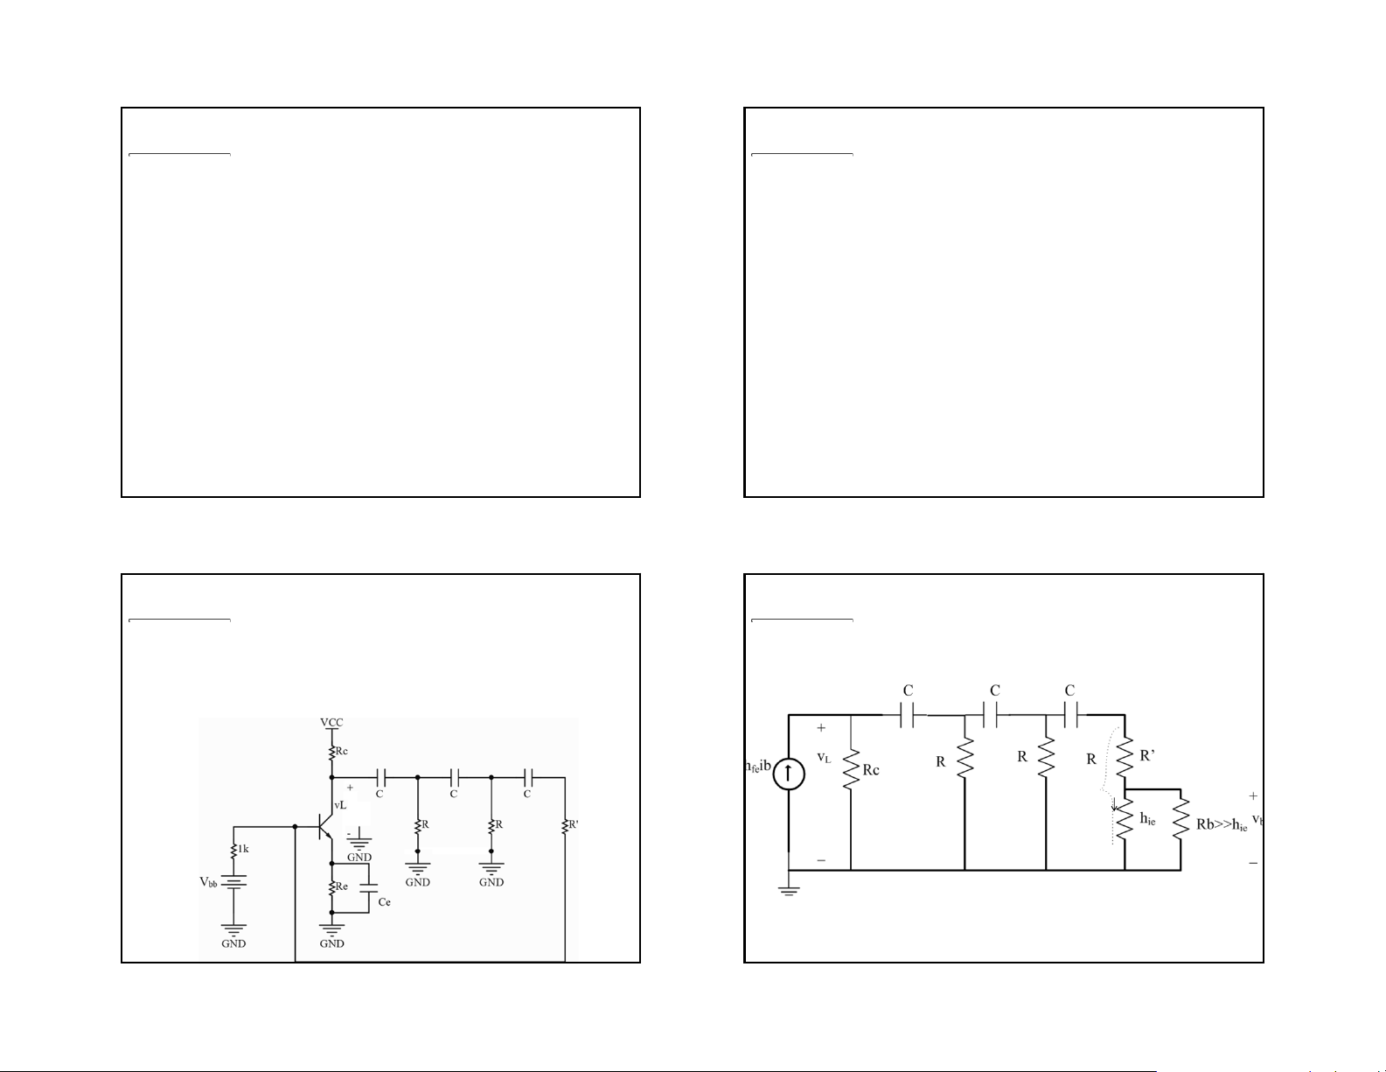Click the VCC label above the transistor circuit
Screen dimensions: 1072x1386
tap(331, 723)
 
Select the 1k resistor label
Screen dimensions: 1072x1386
tap(244, 848)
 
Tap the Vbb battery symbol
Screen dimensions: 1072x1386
tap(233, 882)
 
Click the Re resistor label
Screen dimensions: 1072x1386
tap(343, 886)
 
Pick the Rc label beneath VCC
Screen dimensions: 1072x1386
tap(343, 751)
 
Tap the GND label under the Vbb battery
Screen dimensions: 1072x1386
tap(233, 944)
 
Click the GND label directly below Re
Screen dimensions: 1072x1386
tap(331, 944)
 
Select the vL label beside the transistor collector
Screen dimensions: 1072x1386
tap(340, 805)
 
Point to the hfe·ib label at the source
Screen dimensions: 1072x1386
tap(757, 767)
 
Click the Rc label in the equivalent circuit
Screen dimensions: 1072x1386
tap(871, 771)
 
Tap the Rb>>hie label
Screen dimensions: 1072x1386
tap(1222, 825)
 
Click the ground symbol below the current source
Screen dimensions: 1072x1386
tap(789, 893)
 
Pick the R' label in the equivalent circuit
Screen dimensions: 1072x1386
tap(1148, 756)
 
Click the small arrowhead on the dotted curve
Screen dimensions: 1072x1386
tap(1114, 808)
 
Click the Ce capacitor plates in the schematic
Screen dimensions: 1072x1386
tap(368, 886)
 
